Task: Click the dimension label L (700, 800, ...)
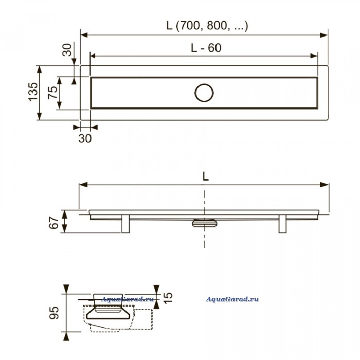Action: (207, 26)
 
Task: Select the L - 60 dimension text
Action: (206, 48)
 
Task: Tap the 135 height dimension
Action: (33, 92)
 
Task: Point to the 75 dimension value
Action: (52, 93)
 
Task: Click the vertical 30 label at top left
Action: (67, 50)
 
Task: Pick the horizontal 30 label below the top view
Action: (85, 138)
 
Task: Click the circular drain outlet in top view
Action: (204, 93)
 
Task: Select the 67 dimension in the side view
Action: (54, 223)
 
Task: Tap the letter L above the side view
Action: (206, 176)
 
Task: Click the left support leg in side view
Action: (125, 224)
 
